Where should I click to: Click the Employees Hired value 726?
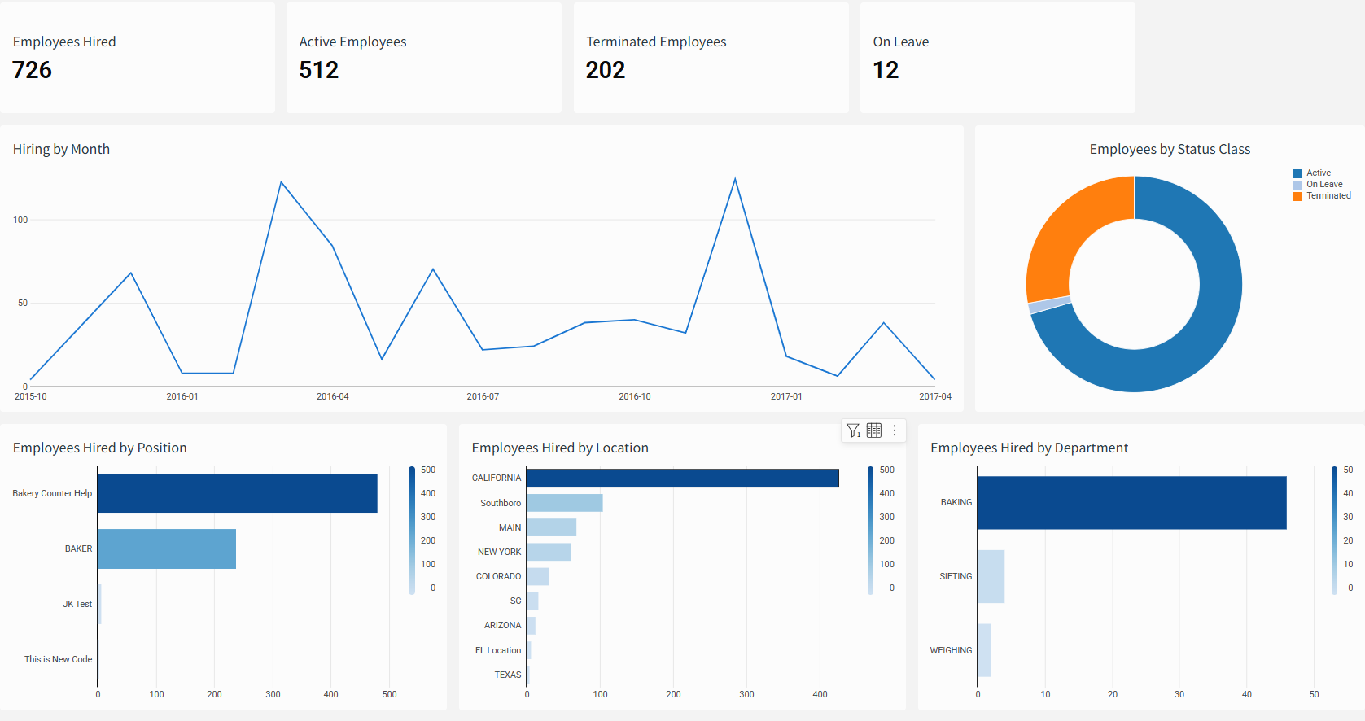tap(33, 70)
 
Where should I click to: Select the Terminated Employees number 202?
tap(606, 70)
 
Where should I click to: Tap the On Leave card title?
tap(900, 42)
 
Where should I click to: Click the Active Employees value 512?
tap(319, 70)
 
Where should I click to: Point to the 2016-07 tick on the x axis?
tap(483, 396)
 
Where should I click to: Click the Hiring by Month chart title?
tap(61, 149)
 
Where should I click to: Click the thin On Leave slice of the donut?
tap(1050, 305)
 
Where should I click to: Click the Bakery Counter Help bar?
tap(237, 493)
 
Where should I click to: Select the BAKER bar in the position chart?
tap(166, 548)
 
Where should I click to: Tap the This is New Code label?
tap(58, 659)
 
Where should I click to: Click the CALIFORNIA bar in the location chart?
tap(682, 478)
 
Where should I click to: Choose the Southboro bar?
tap(564, 503)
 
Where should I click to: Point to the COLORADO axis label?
tap(498, 576)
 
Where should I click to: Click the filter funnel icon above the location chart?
tap(853, 430)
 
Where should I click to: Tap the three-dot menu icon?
tap(894, 430)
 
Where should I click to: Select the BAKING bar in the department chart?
tap(1131, 502)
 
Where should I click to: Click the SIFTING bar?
tap(991, 576)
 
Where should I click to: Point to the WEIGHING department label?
tap(951, 650)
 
